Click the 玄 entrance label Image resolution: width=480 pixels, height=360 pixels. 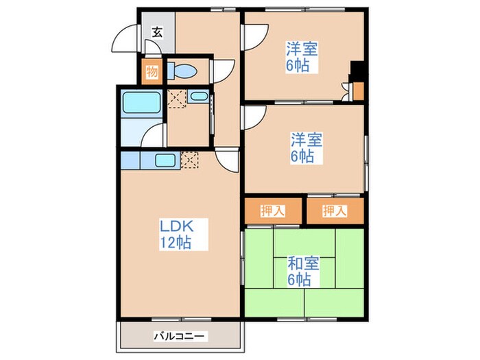(157, 32)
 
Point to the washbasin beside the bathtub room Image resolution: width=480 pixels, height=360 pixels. (200, 97)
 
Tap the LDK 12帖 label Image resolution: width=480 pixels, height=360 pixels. (176, 234)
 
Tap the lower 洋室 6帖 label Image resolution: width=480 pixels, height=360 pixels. (301, 148)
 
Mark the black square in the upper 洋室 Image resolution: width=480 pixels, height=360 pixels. (357, 71)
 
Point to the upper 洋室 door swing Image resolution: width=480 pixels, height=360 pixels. (256, 34)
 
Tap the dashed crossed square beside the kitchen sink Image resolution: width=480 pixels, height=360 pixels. (190, 161)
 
